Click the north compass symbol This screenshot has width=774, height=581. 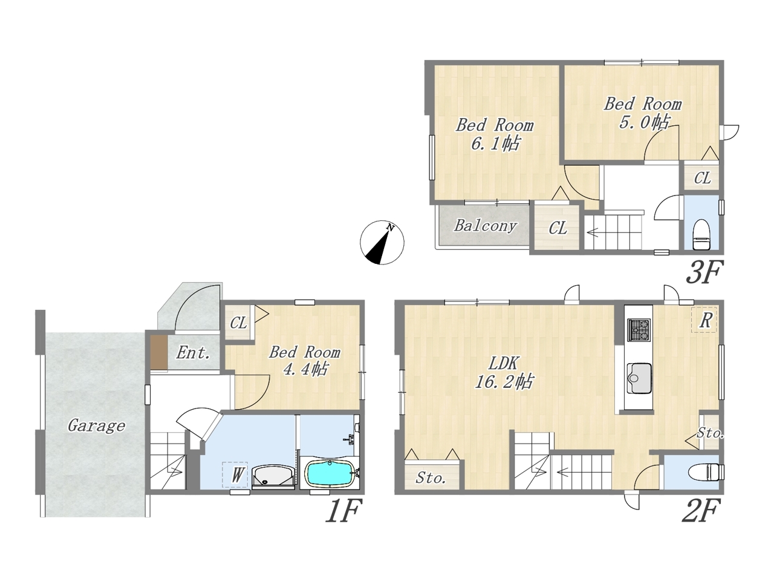382,243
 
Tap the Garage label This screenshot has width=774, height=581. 96,426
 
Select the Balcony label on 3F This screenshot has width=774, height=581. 486,226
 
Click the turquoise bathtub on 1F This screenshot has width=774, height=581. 329,474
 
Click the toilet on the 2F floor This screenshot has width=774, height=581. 705,472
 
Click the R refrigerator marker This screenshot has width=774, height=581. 704,320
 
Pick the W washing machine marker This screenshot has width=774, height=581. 235,475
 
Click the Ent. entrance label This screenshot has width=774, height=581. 193,352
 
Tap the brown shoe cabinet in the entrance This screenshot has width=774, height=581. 158,352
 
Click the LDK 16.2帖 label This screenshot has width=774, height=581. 504,373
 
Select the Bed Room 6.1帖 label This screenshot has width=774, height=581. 495,135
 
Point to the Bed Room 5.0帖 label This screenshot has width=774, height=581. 642,114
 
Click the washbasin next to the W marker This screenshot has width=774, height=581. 273,476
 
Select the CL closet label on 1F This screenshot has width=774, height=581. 239,323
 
